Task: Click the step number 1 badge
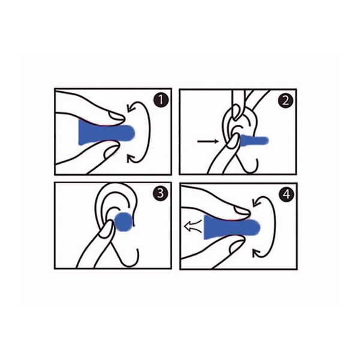click(x=161, y=100)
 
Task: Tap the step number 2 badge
click(x=286, y=100)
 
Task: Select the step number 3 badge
click(x=160, y=193)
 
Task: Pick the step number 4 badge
click(x=287, y=194)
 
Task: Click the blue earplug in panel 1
click(x=106, y=133)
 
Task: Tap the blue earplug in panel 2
click(x=254, y=140)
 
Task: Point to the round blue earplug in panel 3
click(x=124, y=221)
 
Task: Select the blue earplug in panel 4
click(x=232, y=227)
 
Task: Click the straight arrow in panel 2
click(x=208, y=141)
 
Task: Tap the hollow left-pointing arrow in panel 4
click(x=193, y=227)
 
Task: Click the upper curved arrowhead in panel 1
click(x=131, y=108)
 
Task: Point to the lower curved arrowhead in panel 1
click(x=131, y=158)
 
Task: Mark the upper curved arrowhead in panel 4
click(x=257, y=202)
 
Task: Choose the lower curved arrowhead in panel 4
click(x=257, y=253)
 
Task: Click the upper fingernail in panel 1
click(x=117, y=116)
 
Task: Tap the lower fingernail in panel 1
click(x=112, y=152)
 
